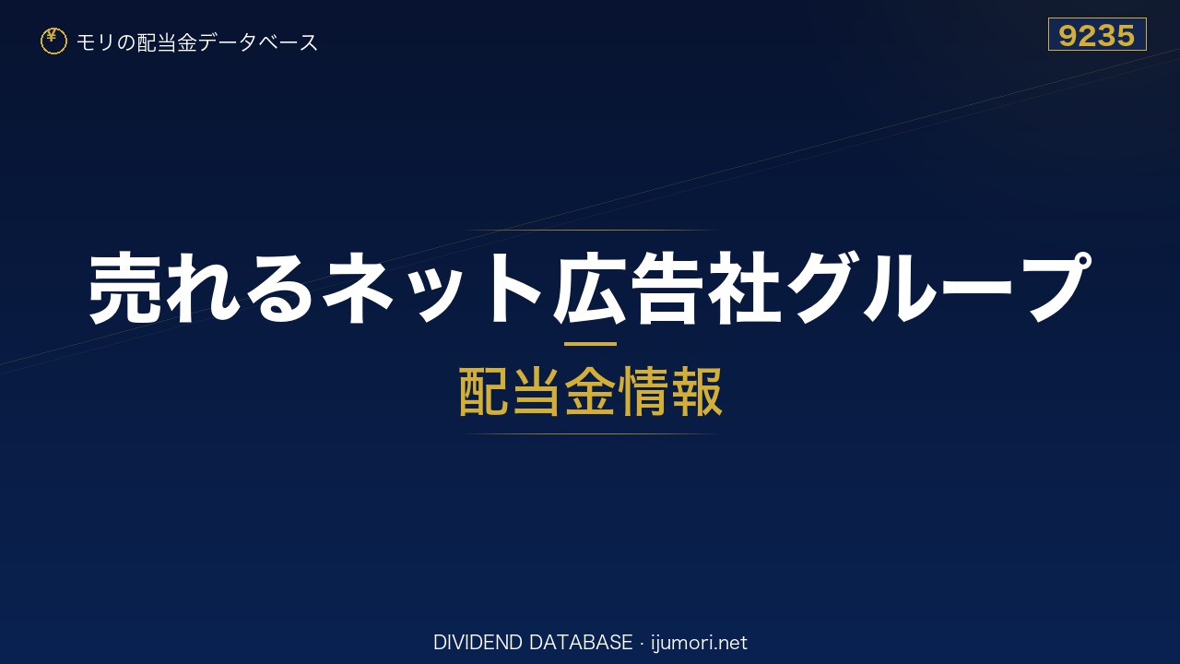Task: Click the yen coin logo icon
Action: click(x=53, y=41)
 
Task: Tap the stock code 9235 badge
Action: click(x=1097, y=34)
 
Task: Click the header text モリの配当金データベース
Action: click(x=197, y=42)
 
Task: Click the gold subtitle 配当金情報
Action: click(x=591, y=392)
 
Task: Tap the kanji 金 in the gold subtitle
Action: click(x=590, y=392)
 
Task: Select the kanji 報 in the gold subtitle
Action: click(x=696, y=392)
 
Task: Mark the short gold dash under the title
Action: click(x=590, y=344)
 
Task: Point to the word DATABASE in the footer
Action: click(x=581, y=643)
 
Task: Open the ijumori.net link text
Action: click(x=699, y=643)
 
